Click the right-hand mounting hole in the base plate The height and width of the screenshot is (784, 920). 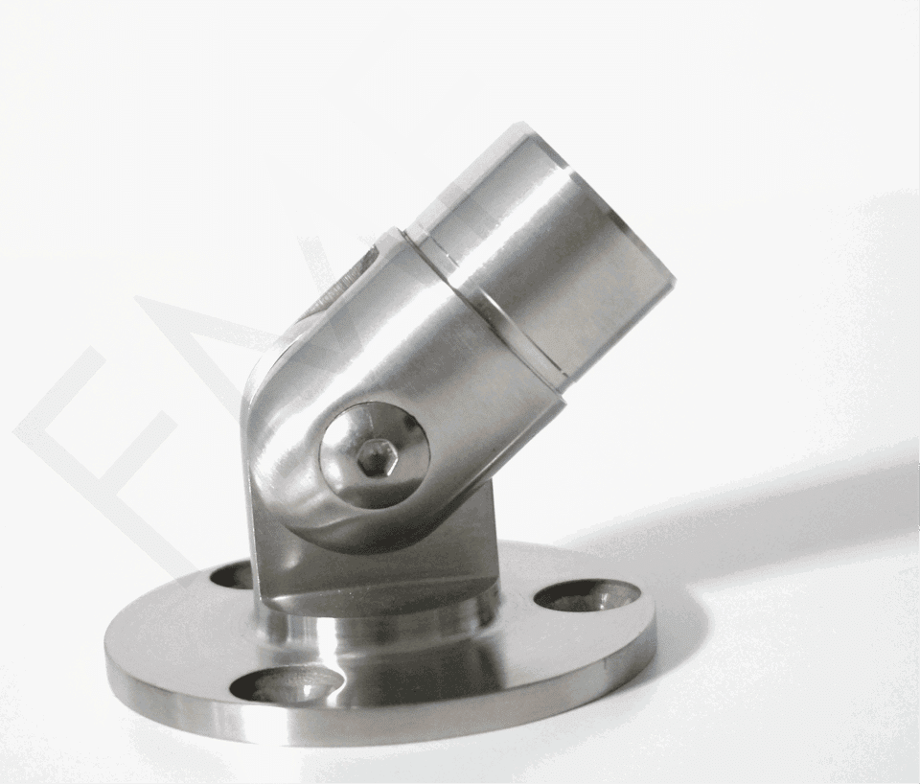pos(586,595)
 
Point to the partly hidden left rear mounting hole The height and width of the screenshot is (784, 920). pos(233,575)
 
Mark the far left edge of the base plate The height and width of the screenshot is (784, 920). pos(108,661)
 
